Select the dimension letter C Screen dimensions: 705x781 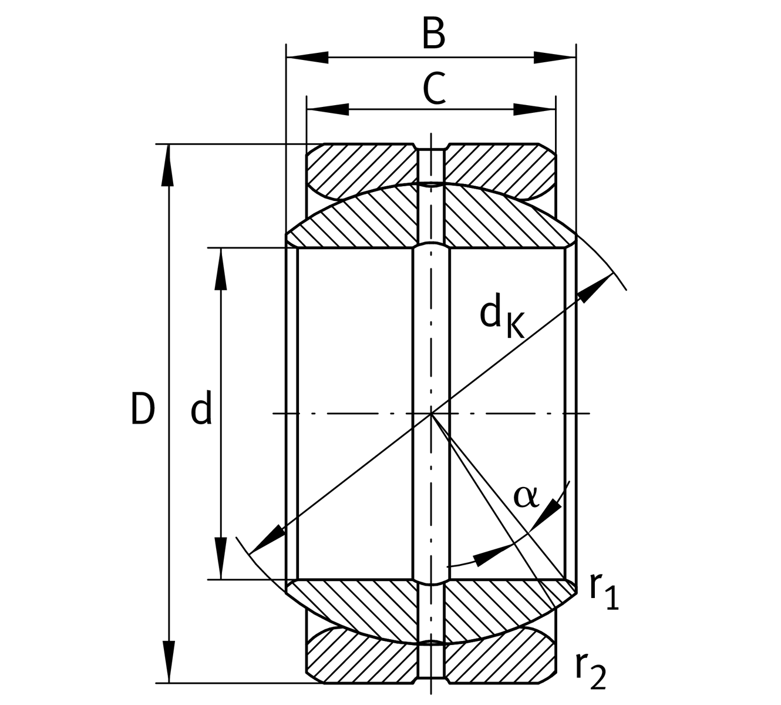point(433,89)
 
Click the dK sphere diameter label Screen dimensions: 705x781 point(501,318)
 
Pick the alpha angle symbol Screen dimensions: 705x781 point(526,496)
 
